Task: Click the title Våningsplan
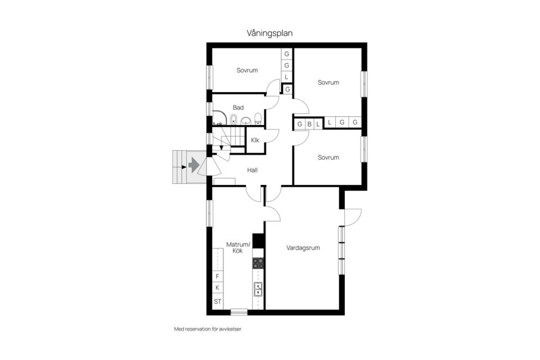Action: tap(269, 33)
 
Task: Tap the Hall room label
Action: tap(252, 169)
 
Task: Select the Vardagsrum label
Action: tap(303, 247)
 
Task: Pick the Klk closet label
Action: tap(255, 140)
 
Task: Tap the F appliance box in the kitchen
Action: tap(218, 277)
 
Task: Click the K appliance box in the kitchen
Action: tap(218, 289)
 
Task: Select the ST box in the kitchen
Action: tap(218, 301)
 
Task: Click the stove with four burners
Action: tap(258, 263)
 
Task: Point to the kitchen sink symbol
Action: tap(258, 289)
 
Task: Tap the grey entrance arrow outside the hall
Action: tap(193, 165)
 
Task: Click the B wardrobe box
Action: tap(309, 124)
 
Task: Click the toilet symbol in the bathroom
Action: tap(258, 119)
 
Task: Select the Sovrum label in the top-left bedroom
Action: tap(247, 70)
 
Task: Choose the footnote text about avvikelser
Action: tap(208, 329)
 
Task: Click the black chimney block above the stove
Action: tap(258, 241)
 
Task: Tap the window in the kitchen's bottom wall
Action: tap(239, 312)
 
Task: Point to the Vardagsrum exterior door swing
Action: tap(352, 217)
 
